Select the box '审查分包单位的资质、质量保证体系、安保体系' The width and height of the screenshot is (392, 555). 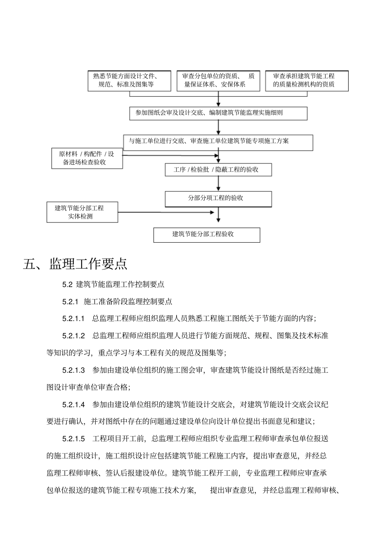pyautogui.click(x=218, y=80)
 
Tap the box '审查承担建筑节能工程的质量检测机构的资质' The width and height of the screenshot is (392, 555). pyautogui.click(x=307, y=80)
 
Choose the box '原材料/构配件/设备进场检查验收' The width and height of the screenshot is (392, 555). pyautogui.click(x=87, y=158)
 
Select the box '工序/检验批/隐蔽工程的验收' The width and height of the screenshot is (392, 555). pyautogui.click(x=218, y=170)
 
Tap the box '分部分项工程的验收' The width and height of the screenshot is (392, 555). pyautogui.click(x=218, y=198)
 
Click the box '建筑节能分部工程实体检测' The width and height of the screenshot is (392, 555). pyautogui.click(x=82, y=212)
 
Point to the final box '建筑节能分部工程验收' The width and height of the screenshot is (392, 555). pyautogui.click(x=207, y=234)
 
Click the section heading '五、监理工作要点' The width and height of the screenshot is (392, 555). pyautogui.click(x=75, y=264)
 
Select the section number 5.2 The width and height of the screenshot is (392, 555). pyautogui.click(x=67, y=284)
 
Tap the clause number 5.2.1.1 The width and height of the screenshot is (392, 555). pyautogui.click(x=73, y=319)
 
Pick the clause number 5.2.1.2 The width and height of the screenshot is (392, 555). pyautogui.click(x=73, y=336)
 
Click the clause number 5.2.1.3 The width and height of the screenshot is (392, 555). pyautogui.click(x=73, y=370)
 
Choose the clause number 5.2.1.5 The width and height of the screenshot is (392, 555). pyautogui.click(x=73, y=439)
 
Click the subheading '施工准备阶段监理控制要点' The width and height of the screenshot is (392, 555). pyautogui.click(x=128, y=302)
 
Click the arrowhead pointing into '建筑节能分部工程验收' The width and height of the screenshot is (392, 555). pyautogui.click(x=219, y=220)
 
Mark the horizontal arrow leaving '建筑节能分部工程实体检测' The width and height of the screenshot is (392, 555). pyautogui.click(x=165, y=212)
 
